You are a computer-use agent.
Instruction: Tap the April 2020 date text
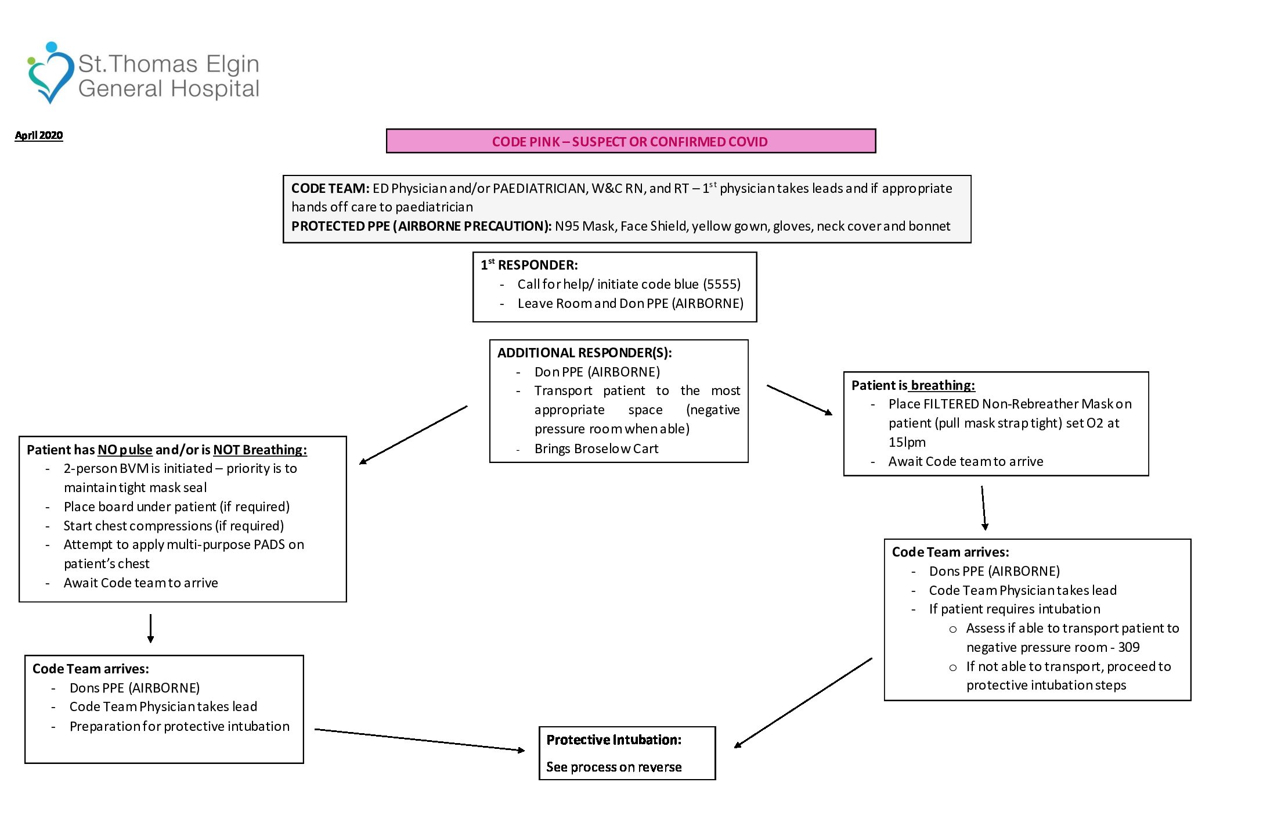39,135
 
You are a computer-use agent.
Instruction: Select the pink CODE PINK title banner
630,141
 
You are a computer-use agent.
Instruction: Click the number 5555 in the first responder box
721,284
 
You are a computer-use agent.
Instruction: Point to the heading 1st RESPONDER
529,265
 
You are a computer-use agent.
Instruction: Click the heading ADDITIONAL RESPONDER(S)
584,353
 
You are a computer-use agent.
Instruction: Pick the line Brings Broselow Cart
596,449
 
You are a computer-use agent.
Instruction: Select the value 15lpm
907,442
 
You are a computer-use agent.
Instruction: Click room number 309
1129,647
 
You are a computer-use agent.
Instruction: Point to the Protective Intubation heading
614,740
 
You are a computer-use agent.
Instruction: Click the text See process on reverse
614,767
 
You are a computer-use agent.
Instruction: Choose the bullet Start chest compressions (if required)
174,526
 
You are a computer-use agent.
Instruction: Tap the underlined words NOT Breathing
259,450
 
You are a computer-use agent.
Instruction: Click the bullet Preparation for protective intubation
179,726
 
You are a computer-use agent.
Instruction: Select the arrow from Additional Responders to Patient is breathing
799,400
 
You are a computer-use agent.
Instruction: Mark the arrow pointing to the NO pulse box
413,435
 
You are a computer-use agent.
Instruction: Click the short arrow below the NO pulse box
151,628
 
